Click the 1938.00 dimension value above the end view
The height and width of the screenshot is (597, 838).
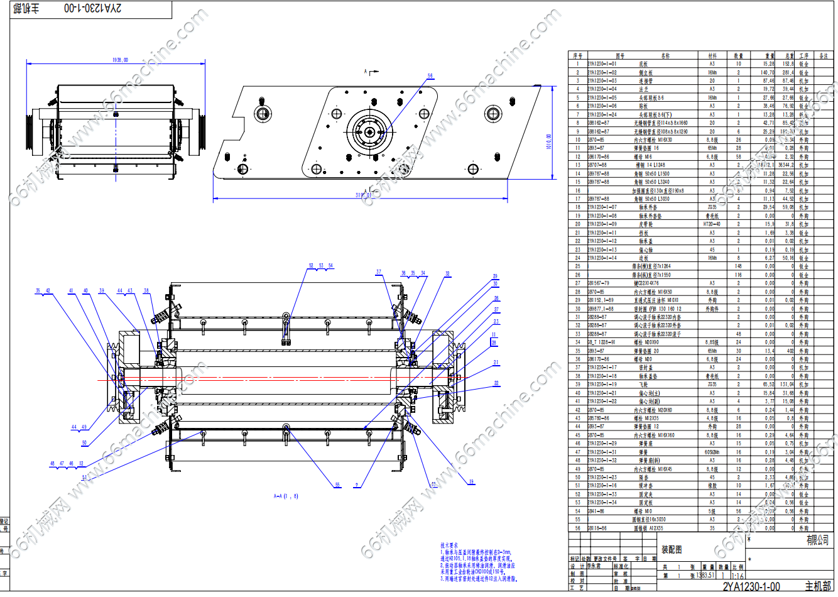(x=120, y=60)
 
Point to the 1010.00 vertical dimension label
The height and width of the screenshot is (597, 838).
(x=548, y=142)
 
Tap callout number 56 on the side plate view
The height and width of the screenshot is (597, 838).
(x=430, y=76)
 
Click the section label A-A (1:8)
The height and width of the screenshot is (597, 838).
(x=286, y=496)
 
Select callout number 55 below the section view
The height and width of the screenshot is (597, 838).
(x=337, y=485)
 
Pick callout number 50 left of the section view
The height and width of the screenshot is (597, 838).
(x=84, y=443)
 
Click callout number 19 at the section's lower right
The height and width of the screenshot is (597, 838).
(x=471, y=482)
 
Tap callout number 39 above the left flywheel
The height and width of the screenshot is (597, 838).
(x=102, y=291)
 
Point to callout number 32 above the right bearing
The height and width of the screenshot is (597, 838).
(x=447, y=274)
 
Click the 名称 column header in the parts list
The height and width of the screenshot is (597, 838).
(x=665, y=56)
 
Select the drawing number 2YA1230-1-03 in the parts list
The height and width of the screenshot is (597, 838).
(x=602, y=81)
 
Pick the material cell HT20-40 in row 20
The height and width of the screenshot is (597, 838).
(x=712, y=224)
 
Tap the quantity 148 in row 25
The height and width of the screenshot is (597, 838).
(x=738, y=266)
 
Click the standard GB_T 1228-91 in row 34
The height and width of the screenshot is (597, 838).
(x=601, y=342)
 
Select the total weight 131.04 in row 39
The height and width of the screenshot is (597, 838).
(x=788, y=385)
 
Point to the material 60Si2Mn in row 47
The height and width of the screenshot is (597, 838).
(x=712, y=452)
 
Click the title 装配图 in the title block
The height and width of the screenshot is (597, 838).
(x=672, y=550)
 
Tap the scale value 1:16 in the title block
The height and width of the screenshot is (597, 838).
(x=737, y=576)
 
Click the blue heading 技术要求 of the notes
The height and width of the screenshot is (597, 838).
(x=449, y=545)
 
